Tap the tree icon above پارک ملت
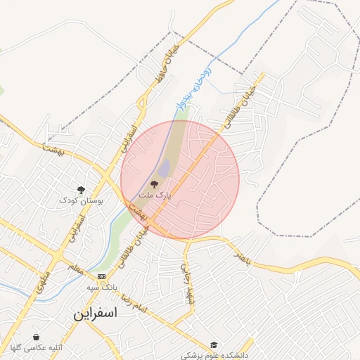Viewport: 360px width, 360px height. (x=155, y=183)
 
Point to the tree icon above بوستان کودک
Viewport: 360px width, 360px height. (x=81, y=190)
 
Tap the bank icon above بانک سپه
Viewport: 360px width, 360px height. (x=102, y=276)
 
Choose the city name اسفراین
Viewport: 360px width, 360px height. (x=95, y=314)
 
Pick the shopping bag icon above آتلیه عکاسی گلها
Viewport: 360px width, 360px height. (x=36, y=337)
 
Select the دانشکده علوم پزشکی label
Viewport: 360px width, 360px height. (x=214, y=356)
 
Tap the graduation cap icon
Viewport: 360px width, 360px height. (x=214, y=345)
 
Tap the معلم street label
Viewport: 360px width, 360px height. (x=75, y=269)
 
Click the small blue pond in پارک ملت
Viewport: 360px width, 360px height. (x=164, y=169)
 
